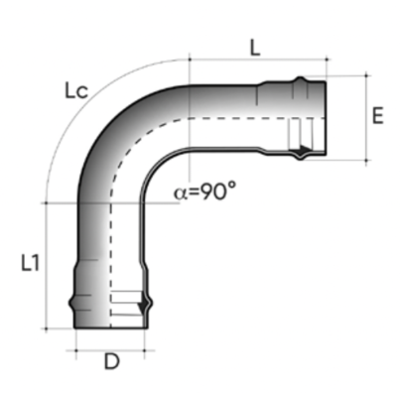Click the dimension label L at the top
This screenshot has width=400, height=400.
(255, 47)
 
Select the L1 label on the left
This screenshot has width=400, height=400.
(30, 263)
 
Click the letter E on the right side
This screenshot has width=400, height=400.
(377, 116)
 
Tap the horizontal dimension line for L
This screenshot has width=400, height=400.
(255, 62)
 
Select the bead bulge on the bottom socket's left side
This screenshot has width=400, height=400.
(71, 302)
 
